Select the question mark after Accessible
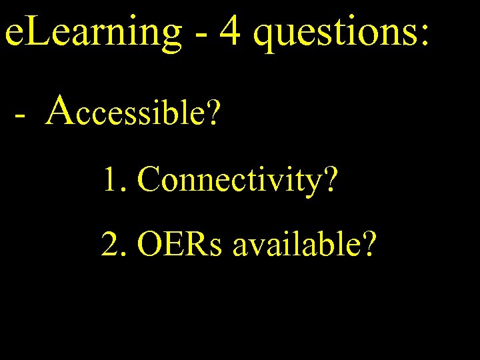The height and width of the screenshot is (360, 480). coord(212,111)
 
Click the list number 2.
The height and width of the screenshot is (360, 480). coord(111,245)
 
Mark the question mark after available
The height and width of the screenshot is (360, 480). coord(367,245)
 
